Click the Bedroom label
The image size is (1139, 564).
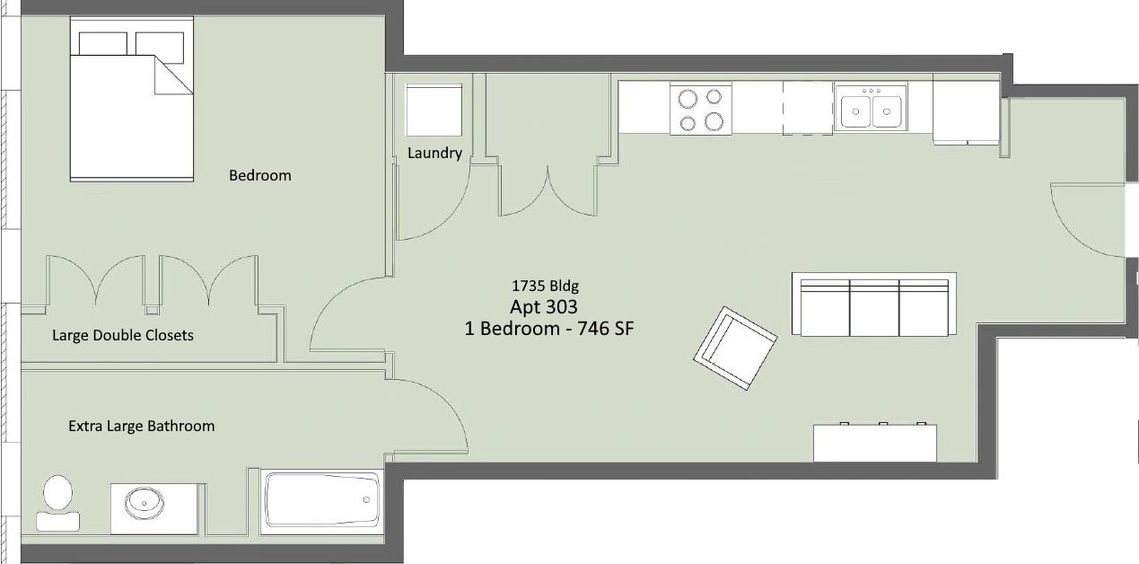click(259, 175)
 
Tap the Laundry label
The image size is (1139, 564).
click(434, 153)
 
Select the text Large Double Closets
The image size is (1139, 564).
click(123, 335)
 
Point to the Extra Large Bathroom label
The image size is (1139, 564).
click(141, 426)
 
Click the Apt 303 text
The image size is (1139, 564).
click(544, 306)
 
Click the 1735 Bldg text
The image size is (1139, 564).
click(545, 286)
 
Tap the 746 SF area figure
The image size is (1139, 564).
click(606, 329)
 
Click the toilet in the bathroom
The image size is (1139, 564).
click(57, 503)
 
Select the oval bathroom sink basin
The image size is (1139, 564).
click(145, 503)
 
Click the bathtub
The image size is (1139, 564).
click(322, 501)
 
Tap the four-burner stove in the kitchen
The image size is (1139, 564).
click(701, 109)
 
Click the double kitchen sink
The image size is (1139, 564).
click(871, 108)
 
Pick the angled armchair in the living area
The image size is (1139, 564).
click(735, 348)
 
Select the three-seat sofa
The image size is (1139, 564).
click(874, 304)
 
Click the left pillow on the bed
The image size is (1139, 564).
click(102, 44)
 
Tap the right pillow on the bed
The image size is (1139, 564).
click(160, 48)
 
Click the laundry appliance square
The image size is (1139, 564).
click(434, 110)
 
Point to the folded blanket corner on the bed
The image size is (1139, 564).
click(174, 75)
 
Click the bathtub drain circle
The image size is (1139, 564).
click(366, 500)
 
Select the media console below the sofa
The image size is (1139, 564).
click(875, 443)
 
